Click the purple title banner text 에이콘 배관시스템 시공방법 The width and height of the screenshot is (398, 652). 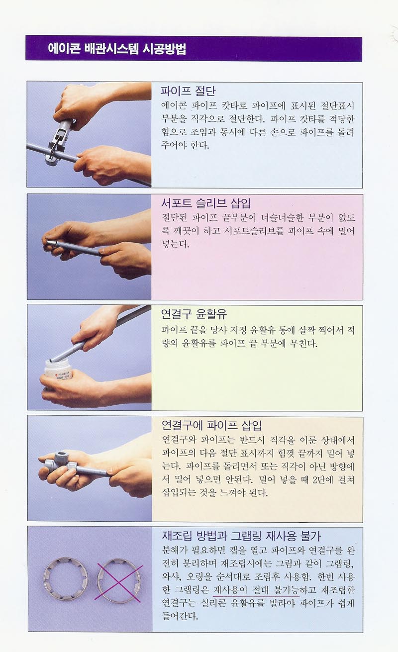[x=117, y=49]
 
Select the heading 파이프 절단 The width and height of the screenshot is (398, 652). [x=189, y=91]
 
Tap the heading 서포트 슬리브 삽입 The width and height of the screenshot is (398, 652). [x=206, y=203]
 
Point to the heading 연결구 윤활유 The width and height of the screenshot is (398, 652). [x=194, y=314]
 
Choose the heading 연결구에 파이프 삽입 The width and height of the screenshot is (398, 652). [x=211, y=425]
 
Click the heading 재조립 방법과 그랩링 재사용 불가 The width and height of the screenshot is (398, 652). [x=241, y=535]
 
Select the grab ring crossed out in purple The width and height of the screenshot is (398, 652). [x=119, y=582]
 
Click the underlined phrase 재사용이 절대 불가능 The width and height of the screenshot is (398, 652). [x=256, y=590]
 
